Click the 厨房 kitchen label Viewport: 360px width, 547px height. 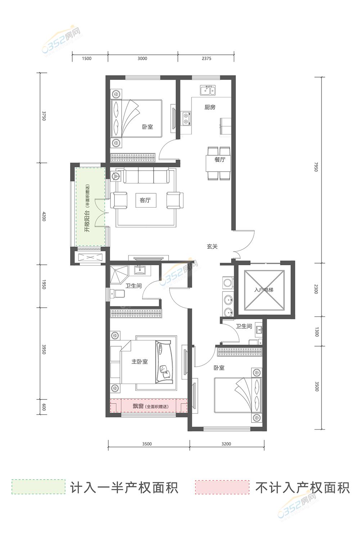(210, 107)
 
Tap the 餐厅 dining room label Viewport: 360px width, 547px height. (220, 160)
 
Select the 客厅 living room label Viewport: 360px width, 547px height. (145, 200)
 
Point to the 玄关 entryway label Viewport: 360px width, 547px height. (212, 247)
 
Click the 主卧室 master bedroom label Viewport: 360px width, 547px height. (139, 362)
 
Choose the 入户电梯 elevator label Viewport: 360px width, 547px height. (264, 290)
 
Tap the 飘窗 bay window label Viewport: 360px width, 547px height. (138, 406)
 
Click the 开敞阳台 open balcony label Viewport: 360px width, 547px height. (87, 221)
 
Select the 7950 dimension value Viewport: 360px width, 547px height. (316, 167)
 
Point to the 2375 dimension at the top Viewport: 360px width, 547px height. (206, 58)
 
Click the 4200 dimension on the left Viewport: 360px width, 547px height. (44, 217)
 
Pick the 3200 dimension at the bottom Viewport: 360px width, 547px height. (226, 444)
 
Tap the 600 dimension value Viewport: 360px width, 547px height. (44, 407)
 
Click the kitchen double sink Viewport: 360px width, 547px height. (208, 90)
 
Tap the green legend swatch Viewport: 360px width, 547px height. (39, 487)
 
